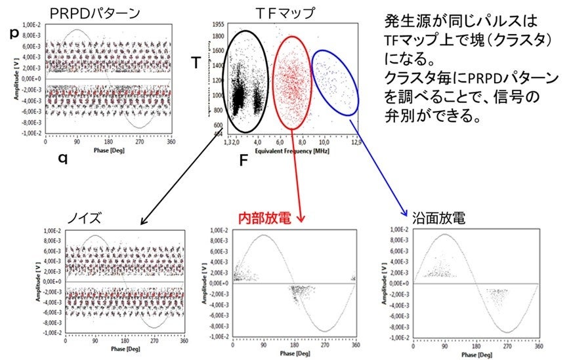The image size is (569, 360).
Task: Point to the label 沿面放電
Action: [438, 218]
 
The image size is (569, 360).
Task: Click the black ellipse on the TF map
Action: [224, 79]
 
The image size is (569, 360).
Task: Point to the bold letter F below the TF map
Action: [243, 161]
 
